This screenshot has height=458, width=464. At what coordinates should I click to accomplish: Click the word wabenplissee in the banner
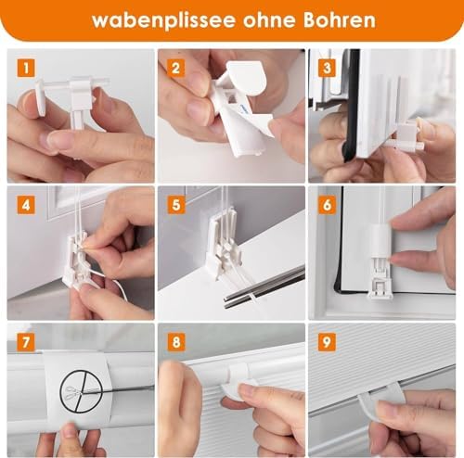pos(163,21)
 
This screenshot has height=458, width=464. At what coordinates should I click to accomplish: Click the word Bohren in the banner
pos(340,19)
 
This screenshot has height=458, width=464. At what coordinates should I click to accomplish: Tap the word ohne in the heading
pos(269,20)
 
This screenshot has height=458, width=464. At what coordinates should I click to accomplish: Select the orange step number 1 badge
pos(26,68)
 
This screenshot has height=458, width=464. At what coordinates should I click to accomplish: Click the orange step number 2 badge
pos(176,68)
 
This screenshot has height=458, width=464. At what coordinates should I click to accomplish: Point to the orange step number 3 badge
pos(327,68)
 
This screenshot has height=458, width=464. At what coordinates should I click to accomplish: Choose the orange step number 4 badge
pos(26,205)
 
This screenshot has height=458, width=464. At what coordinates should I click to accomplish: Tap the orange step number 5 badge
pos(176,205)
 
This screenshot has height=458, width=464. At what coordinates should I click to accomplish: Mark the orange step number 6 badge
pos(327,205)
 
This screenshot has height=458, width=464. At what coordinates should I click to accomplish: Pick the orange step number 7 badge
pos(26,342)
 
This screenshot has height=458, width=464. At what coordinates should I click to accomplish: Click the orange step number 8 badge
pos(176,342)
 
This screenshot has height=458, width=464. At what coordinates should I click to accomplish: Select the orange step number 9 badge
pos(327,342)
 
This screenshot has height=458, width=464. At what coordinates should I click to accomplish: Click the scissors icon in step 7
pos(74,392)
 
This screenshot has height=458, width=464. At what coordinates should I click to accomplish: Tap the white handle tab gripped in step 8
pos(239,382)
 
